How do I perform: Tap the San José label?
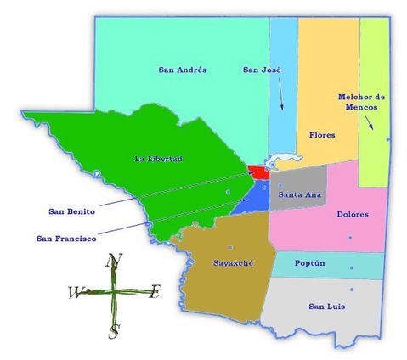click(262, 69)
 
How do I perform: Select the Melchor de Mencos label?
click(361, 102)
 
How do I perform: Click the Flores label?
click(322, 135)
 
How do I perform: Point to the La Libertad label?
click(159, 159)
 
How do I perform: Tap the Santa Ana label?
click(299, 195)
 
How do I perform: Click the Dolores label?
click(352, 214)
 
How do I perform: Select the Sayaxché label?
click(232, 263)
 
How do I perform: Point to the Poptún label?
click(309, 263)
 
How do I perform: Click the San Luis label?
click(325, 306)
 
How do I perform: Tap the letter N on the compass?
click(116, 261)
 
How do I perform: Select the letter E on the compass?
click(155, 292)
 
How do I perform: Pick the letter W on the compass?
click(75, 293)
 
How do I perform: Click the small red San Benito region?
click(257, 172)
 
